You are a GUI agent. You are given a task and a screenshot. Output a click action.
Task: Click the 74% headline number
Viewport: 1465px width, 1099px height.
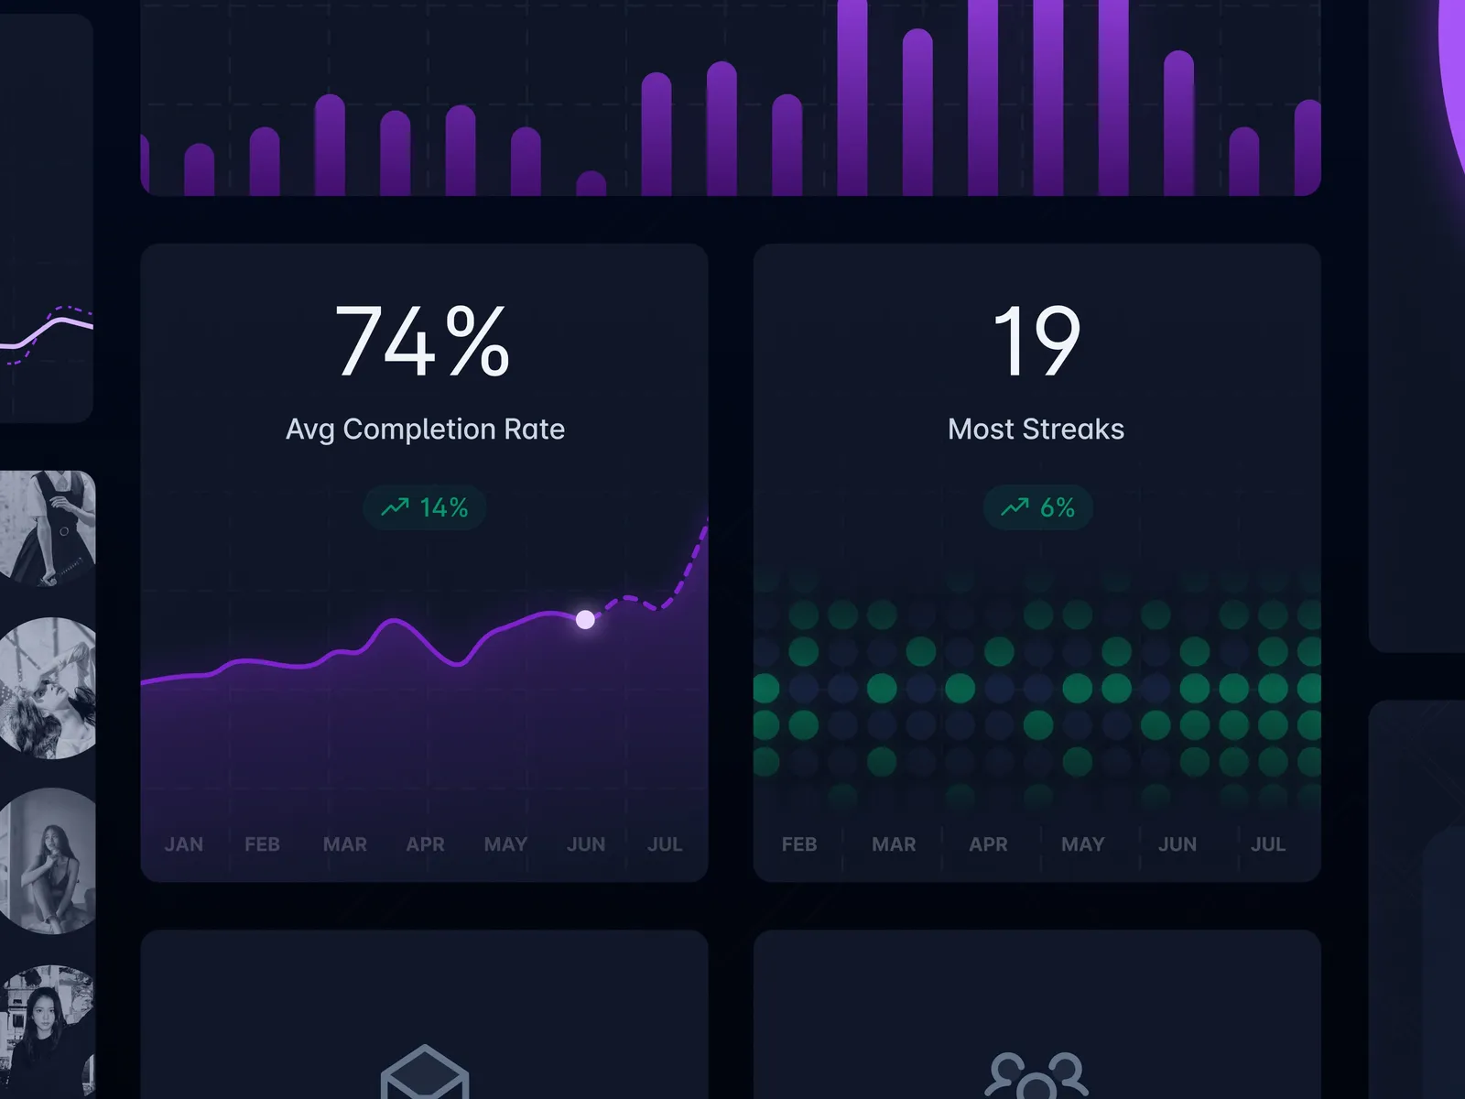[x=422, y=341]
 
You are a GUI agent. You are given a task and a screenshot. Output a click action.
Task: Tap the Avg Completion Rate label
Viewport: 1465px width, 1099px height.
[x=425, y=429]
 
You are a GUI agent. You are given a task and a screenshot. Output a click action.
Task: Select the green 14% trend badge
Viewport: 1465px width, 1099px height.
[x=425, y=507]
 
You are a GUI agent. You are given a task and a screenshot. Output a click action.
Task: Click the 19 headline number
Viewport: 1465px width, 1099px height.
[x=1036, y=341]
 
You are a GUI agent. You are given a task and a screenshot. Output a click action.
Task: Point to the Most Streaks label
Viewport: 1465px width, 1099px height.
[x=1036, y=429]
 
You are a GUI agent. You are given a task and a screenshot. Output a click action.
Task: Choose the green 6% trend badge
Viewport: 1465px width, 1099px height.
[x=1037, y=507]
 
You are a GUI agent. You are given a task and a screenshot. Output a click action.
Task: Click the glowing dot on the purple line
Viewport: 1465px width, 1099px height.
[x=585, y=620]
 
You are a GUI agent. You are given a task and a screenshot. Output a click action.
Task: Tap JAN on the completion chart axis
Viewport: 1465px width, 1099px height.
[x=183, y=844]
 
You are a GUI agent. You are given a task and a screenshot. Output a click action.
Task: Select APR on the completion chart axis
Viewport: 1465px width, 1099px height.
[x=425, y=844]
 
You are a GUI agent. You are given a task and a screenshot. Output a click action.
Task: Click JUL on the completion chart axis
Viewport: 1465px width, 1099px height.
[x=665, y=844]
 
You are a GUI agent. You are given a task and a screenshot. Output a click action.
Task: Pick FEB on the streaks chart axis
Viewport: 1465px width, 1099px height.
[x=799, y=844]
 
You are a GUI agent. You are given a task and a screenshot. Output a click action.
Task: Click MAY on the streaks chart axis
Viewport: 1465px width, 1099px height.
[x=1082, y=844]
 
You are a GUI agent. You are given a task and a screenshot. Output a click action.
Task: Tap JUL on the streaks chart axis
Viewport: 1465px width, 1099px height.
[x=1268, y=844]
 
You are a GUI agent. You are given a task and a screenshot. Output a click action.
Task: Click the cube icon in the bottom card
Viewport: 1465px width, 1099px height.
[x=425, y=1073]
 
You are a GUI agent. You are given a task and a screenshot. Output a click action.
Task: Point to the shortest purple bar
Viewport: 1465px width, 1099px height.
[x=591, y=183]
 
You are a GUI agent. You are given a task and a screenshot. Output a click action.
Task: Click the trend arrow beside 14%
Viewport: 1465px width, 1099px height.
[x=395, y=506]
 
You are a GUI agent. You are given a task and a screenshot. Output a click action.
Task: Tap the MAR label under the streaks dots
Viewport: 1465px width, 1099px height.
[x=894, y=844]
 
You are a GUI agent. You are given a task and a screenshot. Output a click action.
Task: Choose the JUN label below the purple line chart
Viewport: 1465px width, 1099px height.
[x=585, y=844]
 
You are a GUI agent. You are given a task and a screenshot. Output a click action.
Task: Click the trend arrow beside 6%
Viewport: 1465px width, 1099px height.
[x=1015, y=506]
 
